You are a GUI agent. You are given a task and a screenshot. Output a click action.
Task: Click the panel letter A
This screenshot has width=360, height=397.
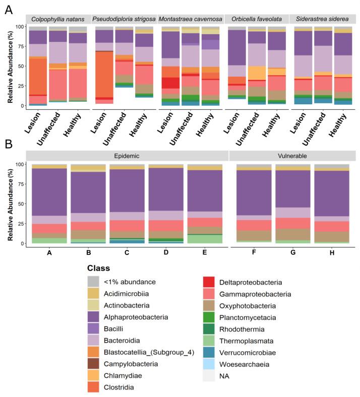point(9,10)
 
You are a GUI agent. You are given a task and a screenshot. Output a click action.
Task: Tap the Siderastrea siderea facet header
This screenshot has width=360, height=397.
point(323,19)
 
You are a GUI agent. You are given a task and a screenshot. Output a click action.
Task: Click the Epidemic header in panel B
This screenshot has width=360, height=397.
point(126,155)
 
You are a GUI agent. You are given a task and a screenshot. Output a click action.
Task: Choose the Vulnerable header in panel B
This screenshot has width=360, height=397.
point(293,155)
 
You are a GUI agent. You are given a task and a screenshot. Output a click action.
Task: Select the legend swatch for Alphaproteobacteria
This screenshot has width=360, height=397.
point(94,317)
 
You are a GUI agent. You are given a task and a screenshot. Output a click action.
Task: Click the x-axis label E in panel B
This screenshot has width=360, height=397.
point(205,251)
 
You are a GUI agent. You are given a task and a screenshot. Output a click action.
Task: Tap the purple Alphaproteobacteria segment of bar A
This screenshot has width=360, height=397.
point(49,192)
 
